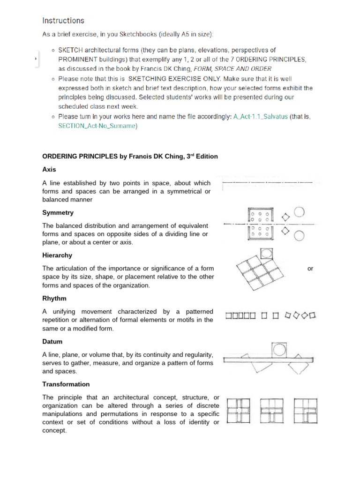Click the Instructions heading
[x=63, y=21]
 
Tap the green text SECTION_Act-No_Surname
[x=96, y=126]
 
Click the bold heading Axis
[x=49, y=169]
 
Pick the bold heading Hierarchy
[x=57, y=255]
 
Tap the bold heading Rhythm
[x=54, y=299]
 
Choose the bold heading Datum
[x=52, y=342]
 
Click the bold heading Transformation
[x=66, y=384]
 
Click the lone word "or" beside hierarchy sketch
[x=310, y=269]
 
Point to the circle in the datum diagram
[x=279, y=350]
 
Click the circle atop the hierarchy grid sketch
[x=266, y=254]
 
